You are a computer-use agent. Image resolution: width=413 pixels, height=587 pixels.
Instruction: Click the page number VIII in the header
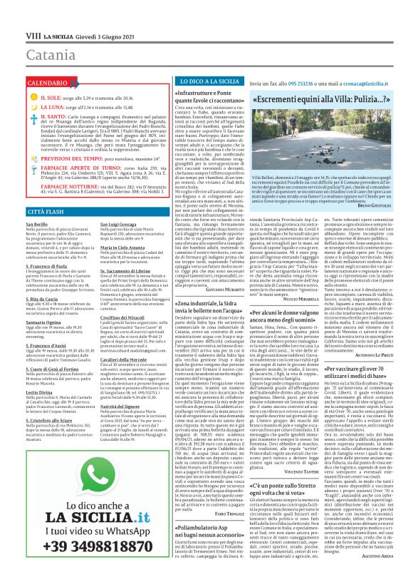coord(32,34)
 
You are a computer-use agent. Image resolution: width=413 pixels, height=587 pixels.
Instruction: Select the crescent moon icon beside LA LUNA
coord(32,107)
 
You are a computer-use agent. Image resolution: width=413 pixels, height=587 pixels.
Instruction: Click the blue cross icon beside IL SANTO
coord(32,118)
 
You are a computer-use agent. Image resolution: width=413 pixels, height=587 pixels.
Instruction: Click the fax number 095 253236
coord(300,83)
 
